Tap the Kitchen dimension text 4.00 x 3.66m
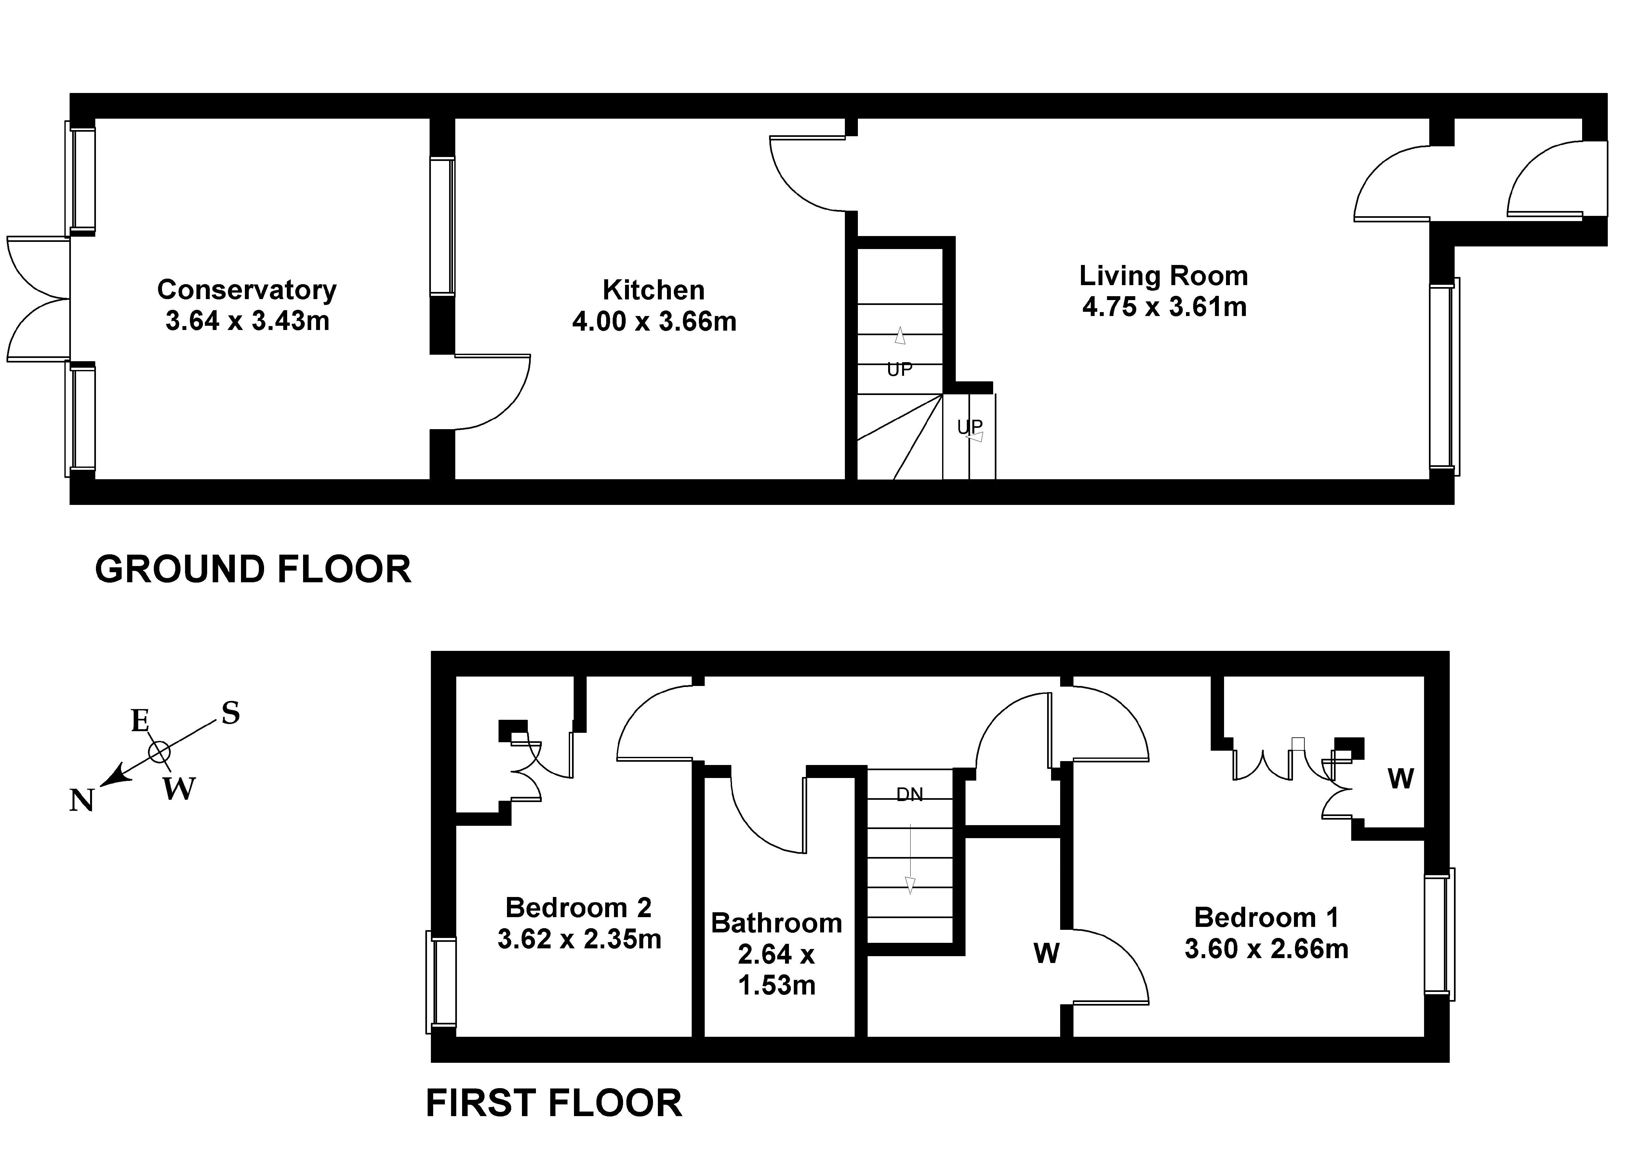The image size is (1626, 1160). [x=654, y=322]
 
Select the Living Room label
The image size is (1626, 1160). [x=1164, y=276]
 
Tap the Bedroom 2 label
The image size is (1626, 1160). [x=579, y=908]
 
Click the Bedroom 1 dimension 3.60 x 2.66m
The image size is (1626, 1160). [x=1267, y=949]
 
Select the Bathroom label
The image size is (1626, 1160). [x=777, y=923]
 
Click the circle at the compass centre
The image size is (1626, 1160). [x=159, y=751]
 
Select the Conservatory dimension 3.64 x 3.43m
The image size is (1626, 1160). [x=247, y=321]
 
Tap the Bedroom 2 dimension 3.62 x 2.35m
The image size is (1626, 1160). [x=580, y=939]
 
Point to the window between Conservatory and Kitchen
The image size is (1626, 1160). [x=442, y=226]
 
